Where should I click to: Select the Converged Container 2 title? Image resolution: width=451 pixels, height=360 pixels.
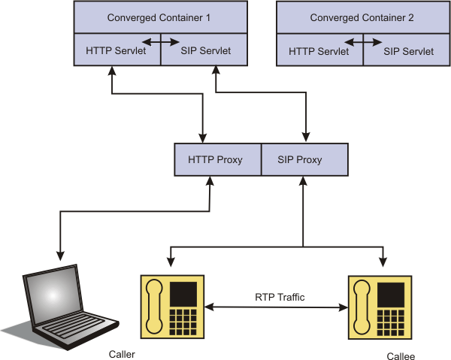tap(362, 17)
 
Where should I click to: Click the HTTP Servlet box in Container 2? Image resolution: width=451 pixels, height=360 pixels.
tap(319, 53)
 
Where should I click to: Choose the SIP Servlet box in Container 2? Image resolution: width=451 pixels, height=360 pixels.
tap(408, 53)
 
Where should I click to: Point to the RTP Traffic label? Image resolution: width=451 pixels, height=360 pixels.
tap(280, 298)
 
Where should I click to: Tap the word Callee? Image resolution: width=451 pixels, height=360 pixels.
tap(400, 355)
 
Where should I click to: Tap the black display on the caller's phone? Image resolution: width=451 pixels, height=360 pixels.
tap(184, 292)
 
